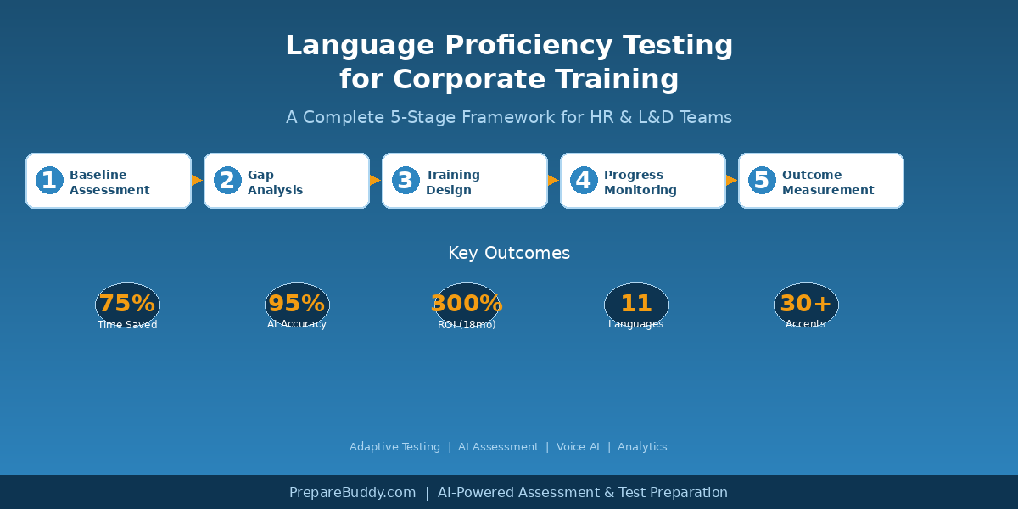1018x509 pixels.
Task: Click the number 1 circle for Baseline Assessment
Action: point(49,181)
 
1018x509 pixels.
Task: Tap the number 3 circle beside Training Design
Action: point(406,181)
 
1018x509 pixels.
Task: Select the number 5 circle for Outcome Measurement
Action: point(762,181)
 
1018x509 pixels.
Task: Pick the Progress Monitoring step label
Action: point(640,182)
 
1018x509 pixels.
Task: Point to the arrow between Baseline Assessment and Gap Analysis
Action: point(197,181)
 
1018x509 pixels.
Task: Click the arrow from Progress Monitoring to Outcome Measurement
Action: point(731,181)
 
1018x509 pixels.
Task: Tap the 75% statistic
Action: point(127,303)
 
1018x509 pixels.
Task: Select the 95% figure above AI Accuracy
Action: point(297,303)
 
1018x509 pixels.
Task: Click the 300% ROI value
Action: point(467,303)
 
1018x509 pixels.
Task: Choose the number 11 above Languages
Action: point(636,303)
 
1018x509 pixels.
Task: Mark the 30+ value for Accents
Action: point(806,303)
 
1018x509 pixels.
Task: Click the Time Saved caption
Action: point(127,325)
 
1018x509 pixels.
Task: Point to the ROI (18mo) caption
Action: point(467,325)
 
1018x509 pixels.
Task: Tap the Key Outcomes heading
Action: point(509,253)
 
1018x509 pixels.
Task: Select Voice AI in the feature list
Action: point(578,447)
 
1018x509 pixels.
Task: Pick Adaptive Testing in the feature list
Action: point(394,447)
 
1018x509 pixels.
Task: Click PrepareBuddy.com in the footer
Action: point(352,493)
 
